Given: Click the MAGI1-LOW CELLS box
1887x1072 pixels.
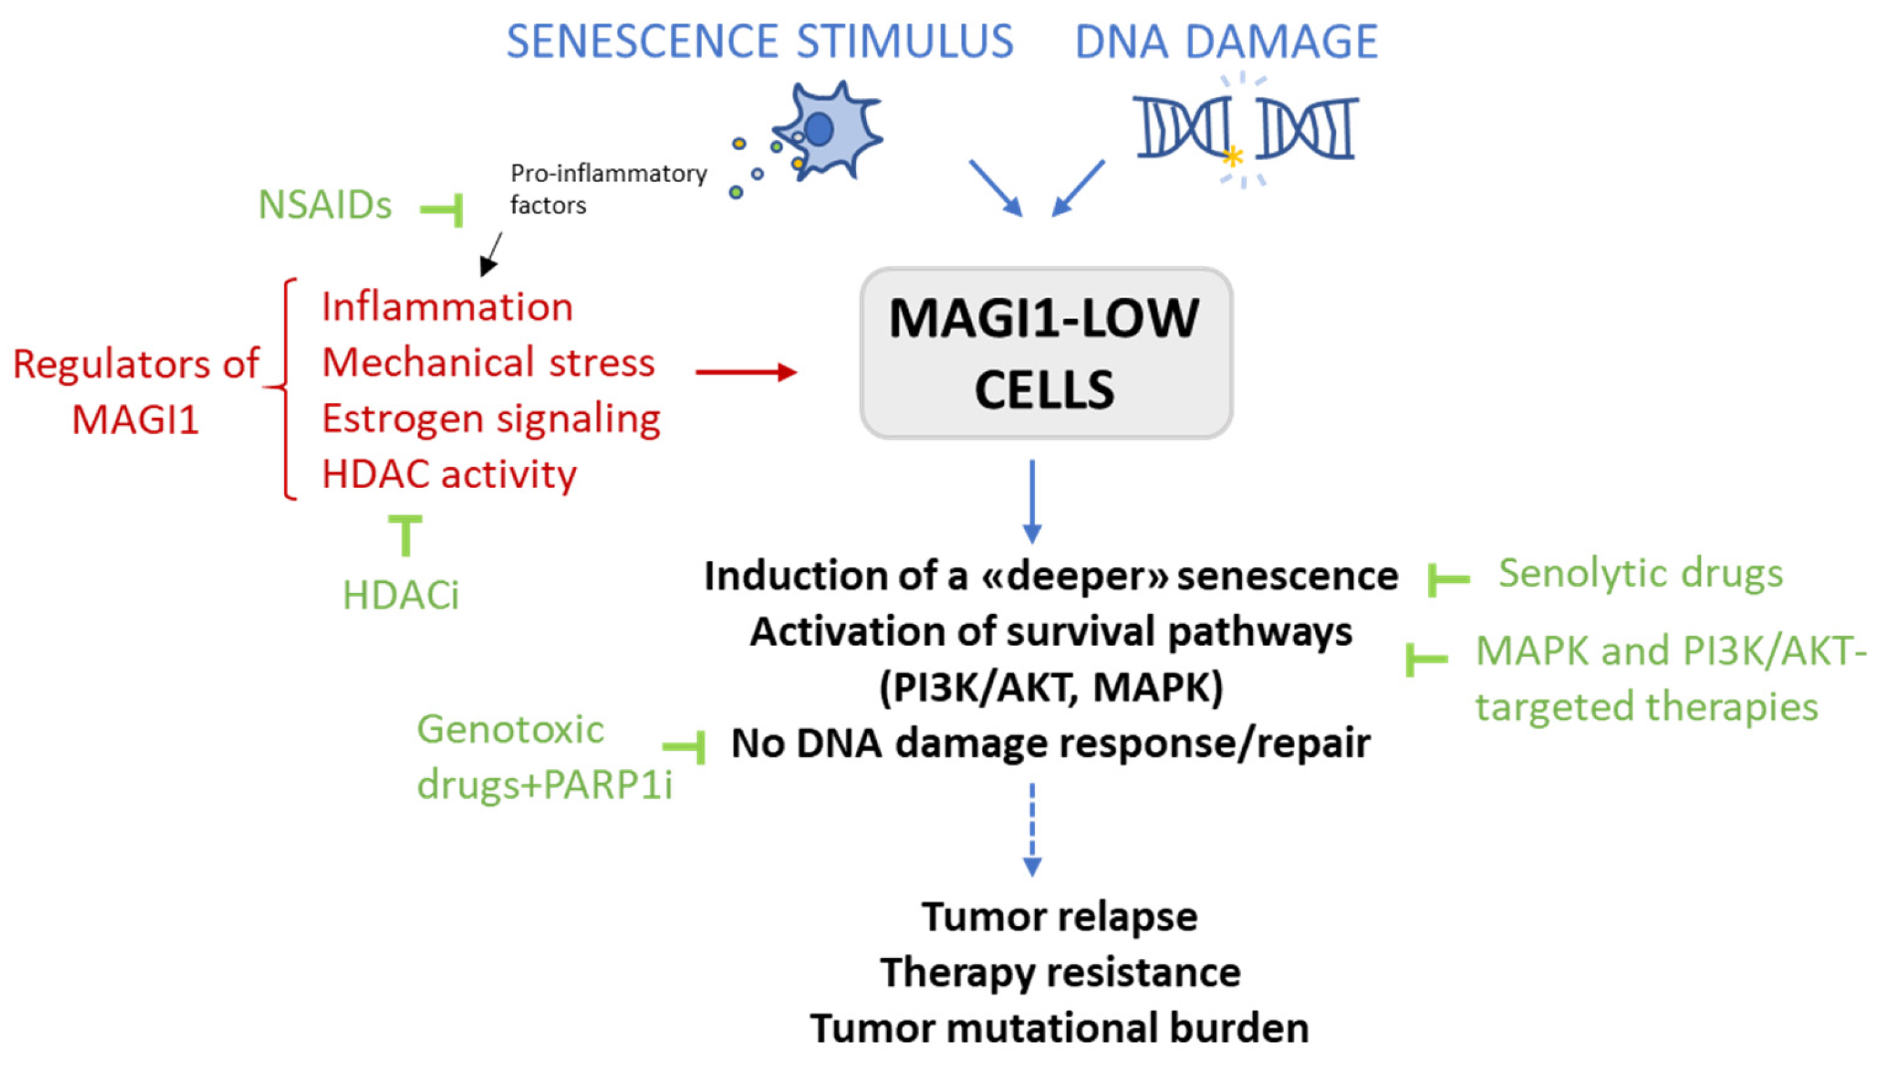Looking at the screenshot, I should tap(1045, 353).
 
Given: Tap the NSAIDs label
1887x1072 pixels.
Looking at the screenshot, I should tap(324, 204).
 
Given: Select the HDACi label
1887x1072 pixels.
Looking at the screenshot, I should tap(400, 595).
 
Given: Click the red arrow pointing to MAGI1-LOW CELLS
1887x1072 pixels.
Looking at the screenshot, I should tap(745, 372).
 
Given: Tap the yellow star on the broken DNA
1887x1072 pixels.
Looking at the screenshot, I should tap(1232, 156).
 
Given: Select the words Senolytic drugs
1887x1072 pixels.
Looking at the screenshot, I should tap(1641, 573).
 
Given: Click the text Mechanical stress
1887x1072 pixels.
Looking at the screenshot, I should tap(488, 363).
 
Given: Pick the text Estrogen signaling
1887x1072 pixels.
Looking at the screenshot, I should tap(491, 419).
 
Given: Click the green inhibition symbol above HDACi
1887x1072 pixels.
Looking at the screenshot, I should tap(405, 535).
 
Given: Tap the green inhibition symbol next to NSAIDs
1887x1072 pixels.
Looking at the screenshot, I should tap(444, 210).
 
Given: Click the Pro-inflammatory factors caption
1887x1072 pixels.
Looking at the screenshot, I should tap(608, 189).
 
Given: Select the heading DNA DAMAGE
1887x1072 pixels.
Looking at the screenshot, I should tap(1226, 41).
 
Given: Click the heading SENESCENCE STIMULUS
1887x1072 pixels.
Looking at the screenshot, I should tap(759, 41).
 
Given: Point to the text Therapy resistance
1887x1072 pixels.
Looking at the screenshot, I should tap(1060, 972).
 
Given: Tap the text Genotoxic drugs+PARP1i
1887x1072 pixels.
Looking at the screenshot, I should tap(543, 757).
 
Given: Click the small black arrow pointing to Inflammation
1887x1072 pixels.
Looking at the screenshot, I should tap(491, 254).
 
